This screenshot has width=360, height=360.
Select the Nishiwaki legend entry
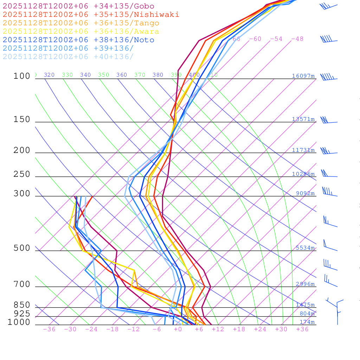pyautogui.click(x=91, y=14)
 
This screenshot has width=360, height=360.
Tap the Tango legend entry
pyautogui.click(x=81, y=23)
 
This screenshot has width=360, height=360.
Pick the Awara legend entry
pyautogui.click(x=81, y=32)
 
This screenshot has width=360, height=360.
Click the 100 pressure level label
pyautogui.click(x=22, y=76)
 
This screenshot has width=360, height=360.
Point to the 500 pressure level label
pyautogui.click(x=22, y=248)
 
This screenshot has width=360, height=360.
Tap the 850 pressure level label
pyautogui.click(x=22, y=305)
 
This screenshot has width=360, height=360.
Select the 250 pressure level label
pyautogui.click(x=22, y=174)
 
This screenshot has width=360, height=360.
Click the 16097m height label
pyautogui.click(x=303, y=76)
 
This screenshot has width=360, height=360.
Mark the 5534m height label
pyautogui.click(x=305, y=248)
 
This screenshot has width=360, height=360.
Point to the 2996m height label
pyautogui.click(x=305, y=284)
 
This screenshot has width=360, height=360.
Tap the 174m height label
pyautogui.click(x=307, y=322)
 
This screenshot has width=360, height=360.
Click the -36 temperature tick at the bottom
pyautogui.click(x=49, y=329)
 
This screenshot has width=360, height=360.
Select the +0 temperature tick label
pyautogui.click(x=178, y=329)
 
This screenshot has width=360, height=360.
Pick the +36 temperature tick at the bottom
pyautogui.click(x=302, y=329)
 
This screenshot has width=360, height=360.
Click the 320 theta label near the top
pyautogui.click(x=49, y=75)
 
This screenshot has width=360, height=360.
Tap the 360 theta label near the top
pyautogui.click(x=122, y=75)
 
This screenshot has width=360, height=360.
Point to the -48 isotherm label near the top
pyautogui.click(x=297, y=39)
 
